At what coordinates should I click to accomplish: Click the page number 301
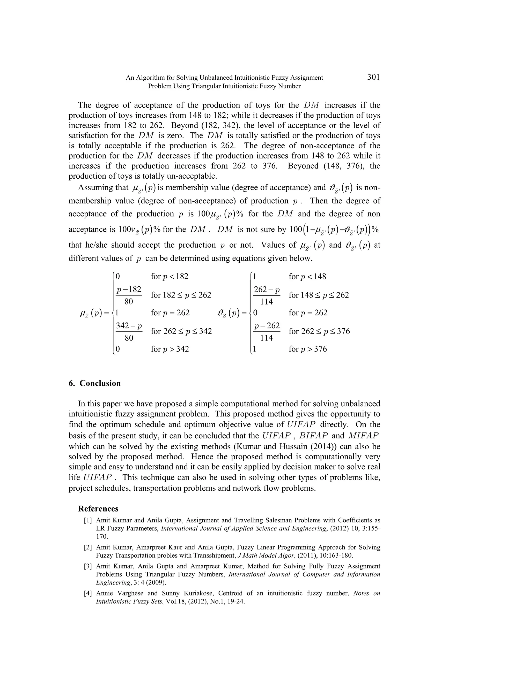(373, 77)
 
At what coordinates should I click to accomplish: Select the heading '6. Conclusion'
(94, 383)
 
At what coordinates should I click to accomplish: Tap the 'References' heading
(98, 509)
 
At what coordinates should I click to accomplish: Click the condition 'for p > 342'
(170, 349)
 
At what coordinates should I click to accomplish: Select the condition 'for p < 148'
(307, 277)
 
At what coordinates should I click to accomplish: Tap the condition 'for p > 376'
(308, 349)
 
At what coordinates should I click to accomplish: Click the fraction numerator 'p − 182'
(129, 290)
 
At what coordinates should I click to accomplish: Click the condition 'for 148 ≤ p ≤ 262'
(319, 295)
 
